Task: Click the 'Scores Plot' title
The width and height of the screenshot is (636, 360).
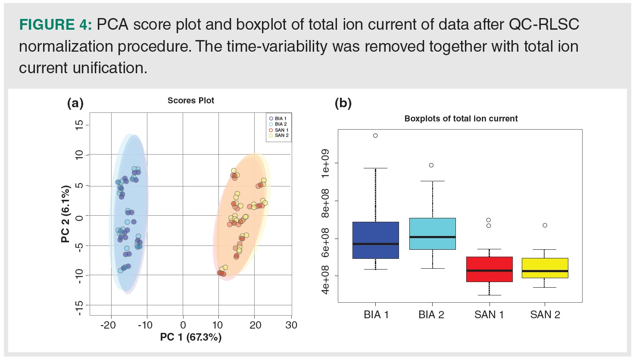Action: click(190, 101)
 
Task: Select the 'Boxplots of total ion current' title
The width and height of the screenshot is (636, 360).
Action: click(461, 119)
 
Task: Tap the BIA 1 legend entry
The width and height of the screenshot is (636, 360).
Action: click(278, 118)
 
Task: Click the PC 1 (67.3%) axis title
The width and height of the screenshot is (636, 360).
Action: click(190, 337)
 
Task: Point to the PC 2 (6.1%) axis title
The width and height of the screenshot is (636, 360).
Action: click(65, 214)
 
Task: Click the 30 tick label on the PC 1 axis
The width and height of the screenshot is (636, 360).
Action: click(291, 325)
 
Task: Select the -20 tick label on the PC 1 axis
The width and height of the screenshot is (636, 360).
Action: click(108, 325)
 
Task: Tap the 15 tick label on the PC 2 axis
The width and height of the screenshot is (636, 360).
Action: click(79, 125)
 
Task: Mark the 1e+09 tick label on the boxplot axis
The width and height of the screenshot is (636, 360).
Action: click(325, 163)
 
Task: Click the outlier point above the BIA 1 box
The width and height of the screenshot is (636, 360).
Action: click(375, 136)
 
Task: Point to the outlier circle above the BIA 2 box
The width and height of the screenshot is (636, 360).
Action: click(431, 165)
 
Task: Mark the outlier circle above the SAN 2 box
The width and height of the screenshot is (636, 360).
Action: click(545, 225)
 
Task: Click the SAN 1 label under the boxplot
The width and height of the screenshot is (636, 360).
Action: click(489, 315)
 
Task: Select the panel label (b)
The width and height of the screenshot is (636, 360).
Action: click(343, 103)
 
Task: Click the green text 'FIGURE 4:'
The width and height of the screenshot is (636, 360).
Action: click(55, 25)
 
